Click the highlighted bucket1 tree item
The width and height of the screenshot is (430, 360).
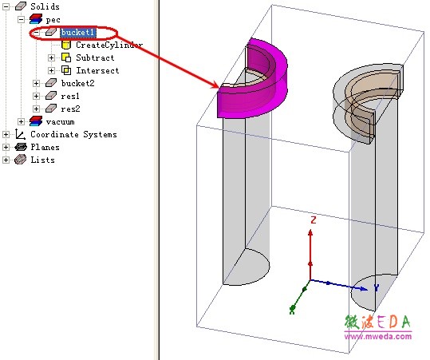[78, 33]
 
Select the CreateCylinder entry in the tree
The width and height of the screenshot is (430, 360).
[109, 45]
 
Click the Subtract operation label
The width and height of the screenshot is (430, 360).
[95, 57]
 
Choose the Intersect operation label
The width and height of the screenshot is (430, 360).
[97, 70]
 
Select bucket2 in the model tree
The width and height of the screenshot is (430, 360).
[77, 83]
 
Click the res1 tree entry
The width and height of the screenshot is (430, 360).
[70, 96]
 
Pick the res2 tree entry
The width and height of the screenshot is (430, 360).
[70, 109]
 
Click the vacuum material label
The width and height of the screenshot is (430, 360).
[60, 122]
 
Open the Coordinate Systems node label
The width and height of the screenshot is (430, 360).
[73, 134]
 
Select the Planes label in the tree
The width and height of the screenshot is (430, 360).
[45, 148]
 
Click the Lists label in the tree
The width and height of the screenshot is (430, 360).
[42, 160]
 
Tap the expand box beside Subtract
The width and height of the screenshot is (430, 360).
[51, 57]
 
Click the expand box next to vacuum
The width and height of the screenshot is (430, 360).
[21, 121]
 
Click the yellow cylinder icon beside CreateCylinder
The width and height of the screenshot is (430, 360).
[66, 45]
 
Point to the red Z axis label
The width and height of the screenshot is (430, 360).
[314, 220]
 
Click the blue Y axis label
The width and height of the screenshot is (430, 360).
[377, 288]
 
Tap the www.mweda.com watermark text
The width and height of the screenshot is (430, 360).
[378, 336]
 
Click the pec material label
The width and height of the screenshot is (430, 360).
[53, 20]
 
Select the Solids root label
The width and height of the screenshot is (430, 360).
[45, 6]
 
